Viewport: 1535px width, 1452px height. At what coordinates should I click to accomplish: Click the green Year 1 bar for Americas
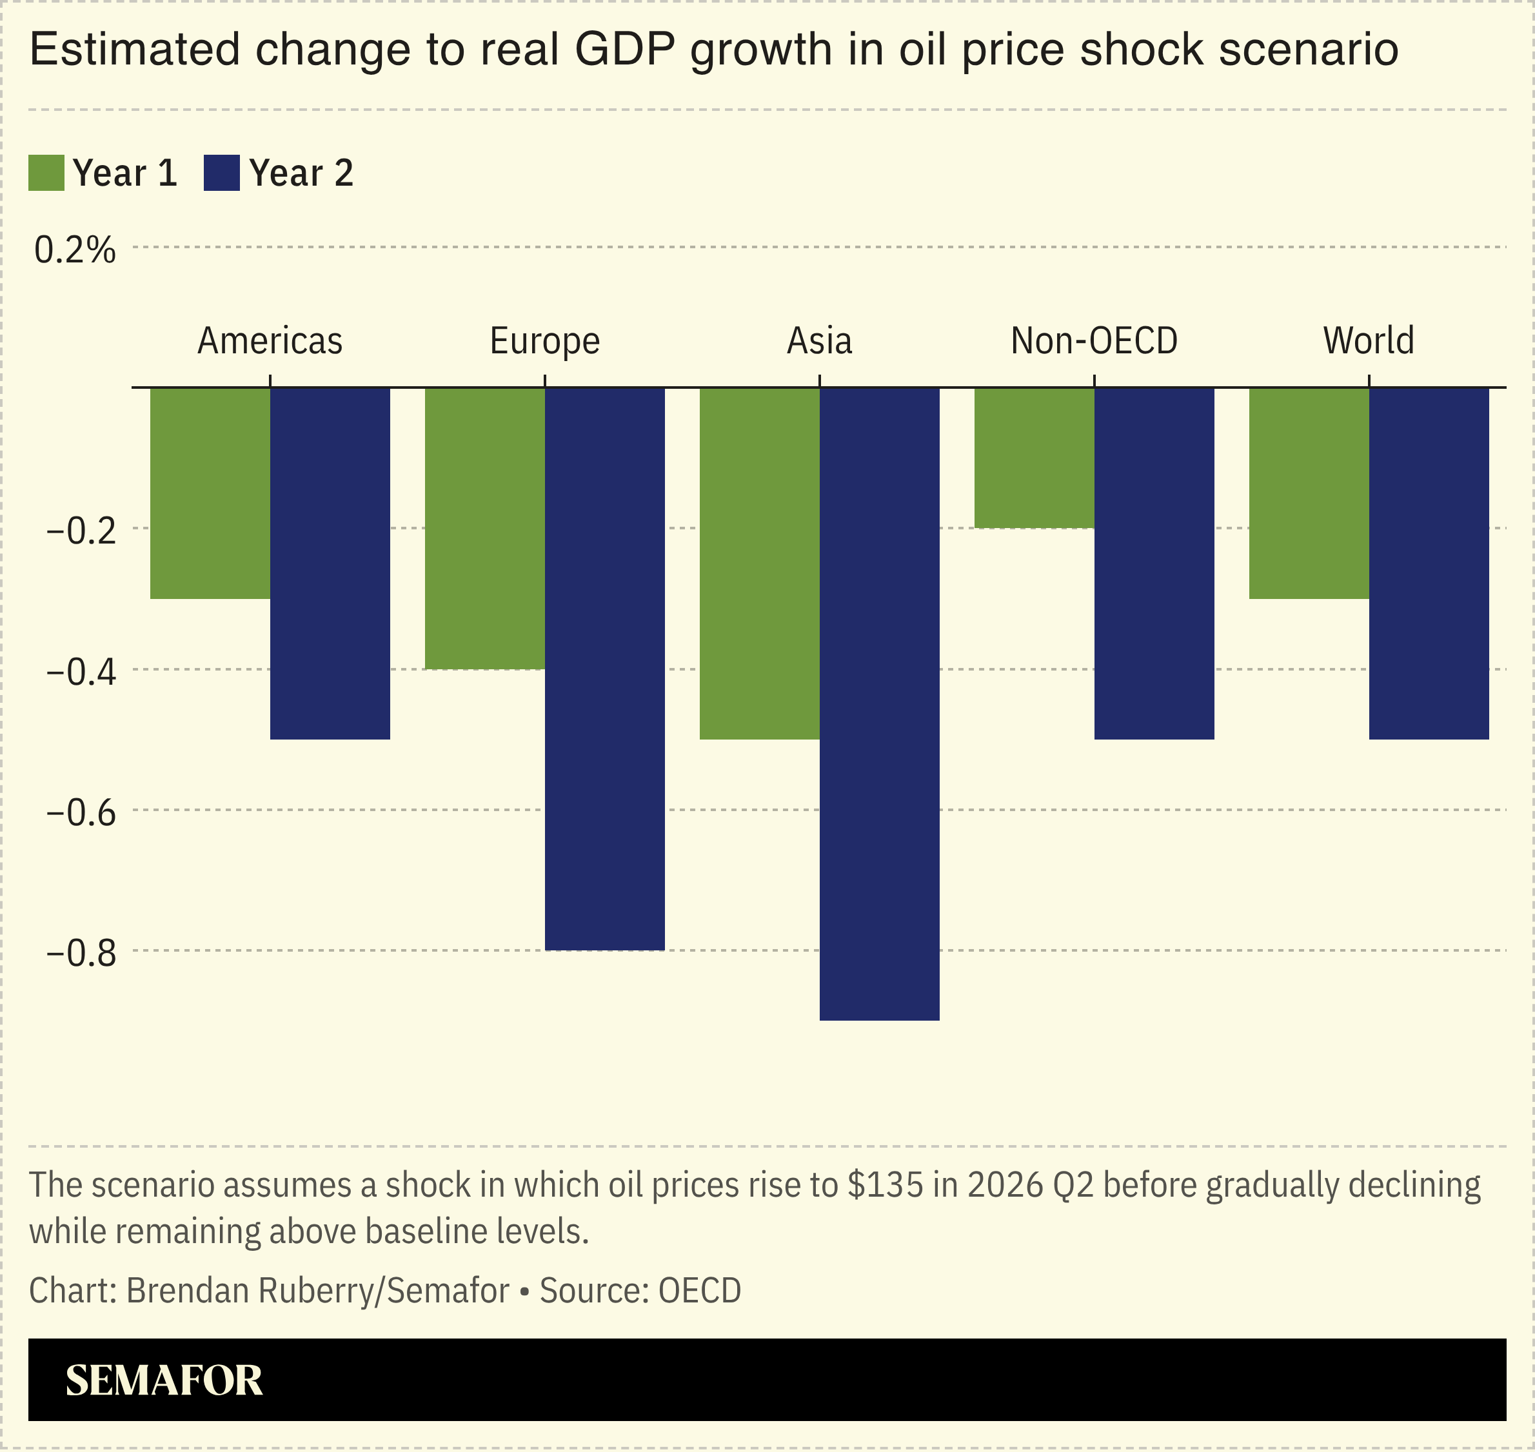[210, 493]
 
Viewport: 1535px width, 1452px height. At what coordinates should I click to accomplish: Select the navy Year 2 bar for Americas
[330, 564]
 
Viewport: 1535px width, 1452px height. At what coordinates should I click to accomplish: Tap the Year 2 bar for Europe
[604, 669]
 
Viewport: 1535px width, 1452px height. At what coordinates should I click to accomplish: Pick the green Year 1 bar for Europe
[484, 528]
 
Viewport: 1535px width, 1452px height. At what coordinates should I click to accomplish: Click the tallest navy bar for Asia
[879, 704]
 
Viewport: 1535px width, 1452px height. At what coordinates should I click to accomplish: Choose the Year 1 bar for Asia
[759, 564]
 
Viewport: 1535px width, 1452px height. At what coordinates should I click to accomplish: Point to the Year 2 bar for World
[1429, 564]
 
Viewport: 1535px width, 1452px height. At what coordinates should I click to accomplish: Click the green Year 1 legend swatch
[46, 173]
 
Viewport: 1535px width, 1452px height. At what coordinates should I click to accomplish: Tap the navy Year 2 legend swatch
[221, 173]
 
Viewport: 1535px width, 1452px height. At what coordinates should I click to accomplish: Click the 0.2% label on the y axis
[75, 250]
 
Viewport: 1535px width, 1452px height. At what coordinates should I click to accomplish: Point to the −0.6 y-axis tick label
[81, 812]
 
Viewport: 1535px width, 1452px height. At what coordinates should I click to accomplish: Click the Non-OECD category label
[1094, 340]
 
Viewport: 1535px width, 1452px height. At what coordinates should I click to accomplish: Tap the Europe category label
[545, 340]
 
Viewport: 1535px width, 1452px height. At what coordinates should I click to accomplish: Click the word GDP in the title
[624, 49]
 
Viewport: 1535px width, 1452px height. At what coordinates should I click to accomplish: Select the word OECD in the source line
[700, 1290]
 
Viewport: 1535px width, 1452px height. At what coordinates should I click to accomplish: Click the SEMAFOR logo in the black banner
[164, 1381]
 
